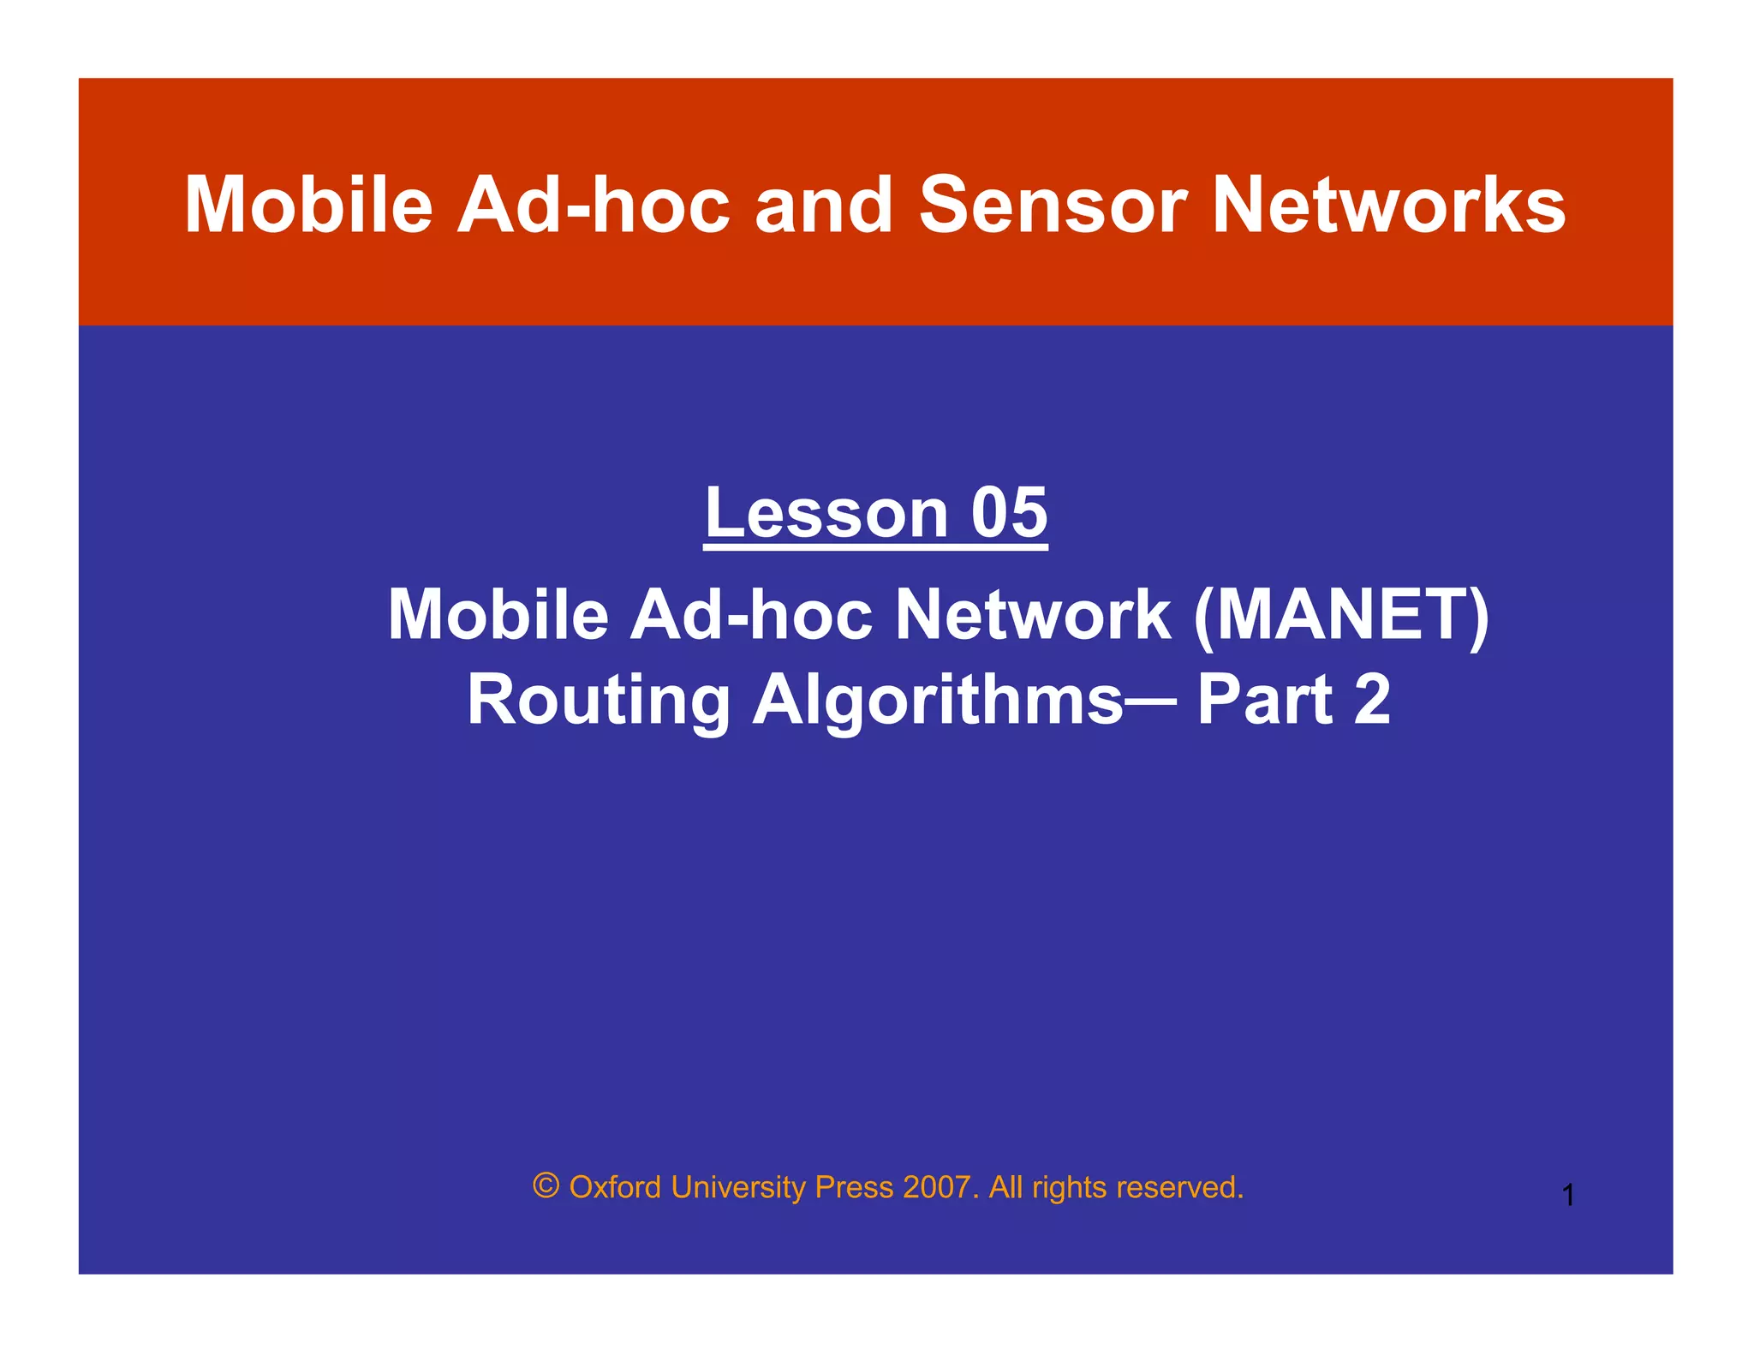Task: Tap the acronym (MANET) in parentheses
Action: tap(1340, 615)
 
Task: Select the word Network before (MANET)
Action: tap(1033, 615)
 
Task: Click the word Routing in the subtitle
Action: tap(598, 701)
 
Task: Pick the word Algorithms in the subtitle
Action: tap(938, 701)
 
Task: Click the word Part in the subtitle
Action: tap(1264, 701)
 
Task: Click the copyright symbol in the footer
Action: tap(546, 1186)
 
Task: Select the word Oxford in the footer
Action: tap(615, 1187)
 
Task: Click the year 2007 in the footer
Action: tap(937, 1187)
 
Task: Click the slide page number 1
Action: tap(1568, 1195)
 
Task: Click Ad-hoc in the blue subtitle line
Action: tap(751, 615)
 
